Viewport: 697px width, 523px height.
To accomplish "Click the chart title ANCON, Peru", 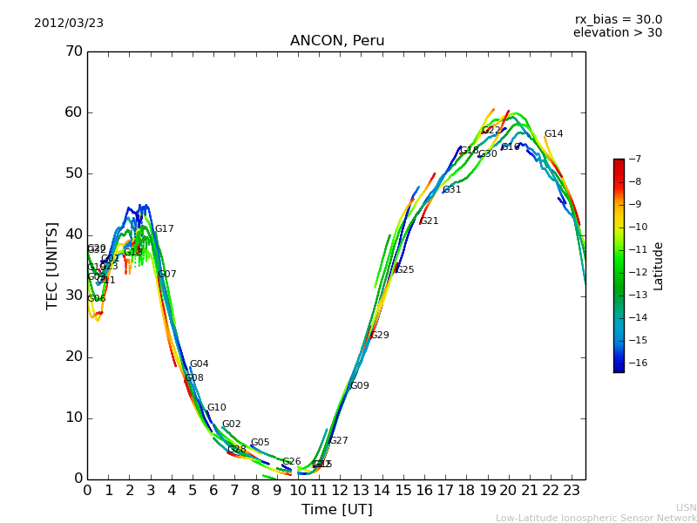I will click(336, 41).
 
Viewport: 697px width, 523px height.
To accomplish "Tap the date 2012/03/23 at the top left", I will click(69, 24).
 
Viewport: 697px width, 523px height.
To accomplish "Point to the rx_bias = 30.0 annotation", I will click(618, 20).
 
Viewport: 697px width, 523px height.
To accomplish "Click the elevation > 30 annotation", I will click(617, 33).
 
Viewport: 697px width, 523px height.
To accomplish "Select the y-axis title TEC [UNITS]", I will click(52, 265).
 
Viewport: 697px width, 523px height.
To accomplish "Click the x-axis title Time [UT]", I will click(336, 510).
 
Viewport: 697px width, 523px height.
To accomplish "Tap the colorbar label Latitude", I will click(659, 266).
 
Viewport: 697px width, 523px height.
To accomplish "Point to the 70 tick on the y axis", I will click(73, 51).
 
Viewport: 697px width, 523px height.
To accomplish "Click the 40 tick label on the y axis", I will click(73, 234).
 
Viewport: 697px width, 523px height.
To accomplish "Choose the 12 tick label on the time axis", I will click(341, 491).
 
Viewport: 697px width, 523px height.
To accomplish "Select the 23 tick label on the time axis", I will click(572, 491).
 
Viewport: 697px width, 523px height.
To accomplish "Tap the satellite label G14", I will click(553, 134).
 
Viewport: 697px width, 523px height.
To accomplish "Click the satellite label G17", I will click(164, 229).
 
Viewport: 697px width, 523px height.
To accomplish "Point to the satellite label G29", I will click(379, 336).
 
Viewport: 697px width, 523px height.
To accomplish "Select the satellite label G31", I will click(451, 190).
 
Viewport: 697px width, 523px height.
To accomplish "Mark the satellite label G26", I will click(291, 462).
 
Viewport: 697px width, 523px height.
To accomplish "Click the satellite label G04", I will click(199, 364).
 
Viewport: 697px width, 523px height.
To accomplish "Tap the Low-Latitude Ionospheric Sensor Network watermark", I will click(596, 518).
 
